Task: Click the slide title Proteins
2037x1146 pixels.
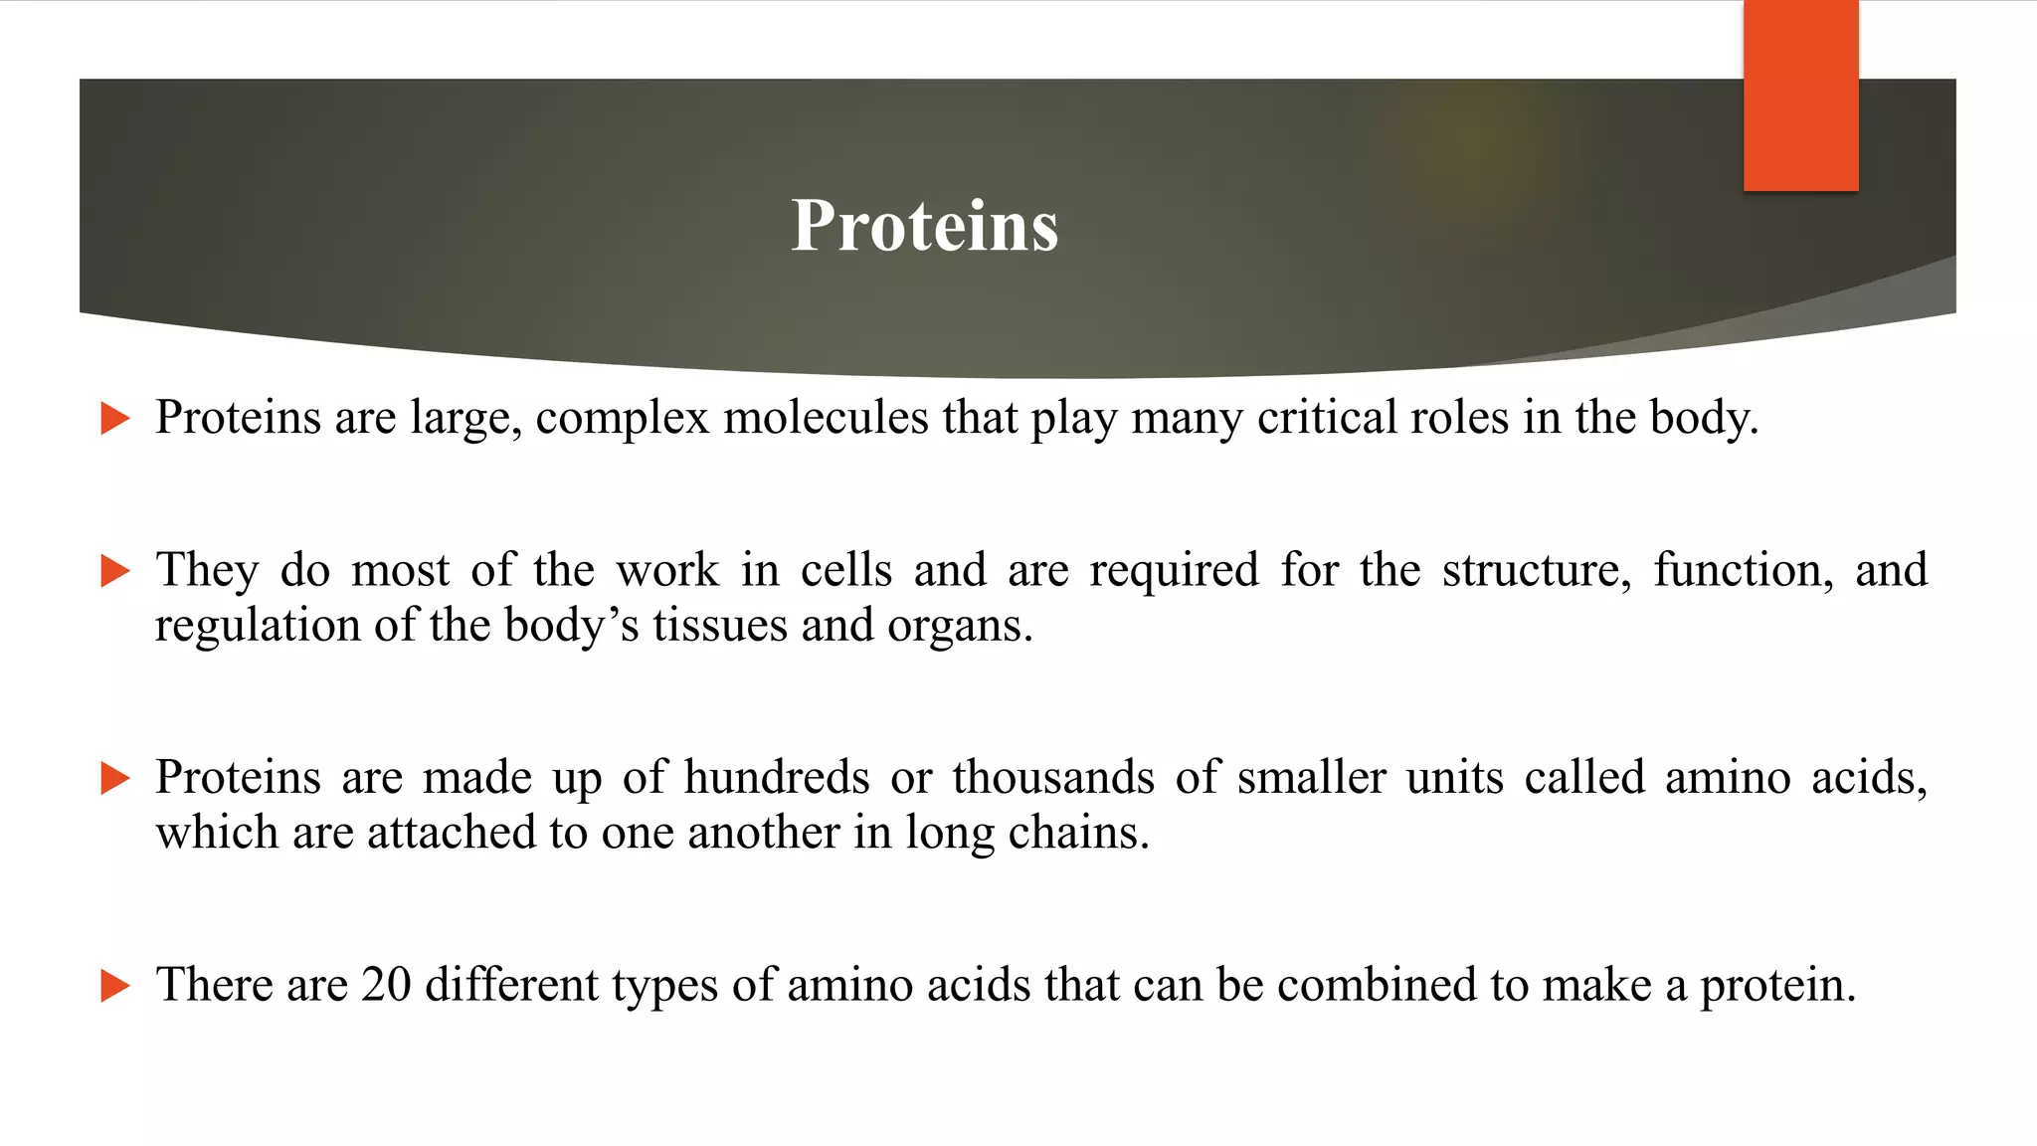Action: [924, 226]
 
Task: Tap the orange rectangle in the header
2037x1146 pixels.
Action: [1800, 95]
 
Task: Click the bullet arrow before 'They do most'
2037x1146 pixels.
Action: [115, 571]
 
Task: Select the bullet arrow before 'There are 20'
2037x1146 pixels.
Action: [115, 986]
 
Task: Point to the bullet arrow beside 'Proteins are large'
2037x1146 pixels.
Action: [115, 418]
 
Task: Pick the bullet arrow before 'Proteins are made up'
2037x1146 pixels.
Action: [115, 778]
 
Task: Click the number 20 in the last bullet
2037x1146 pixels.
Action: [386, 985]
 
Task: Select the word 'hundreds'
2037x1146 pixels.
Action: [776, 778]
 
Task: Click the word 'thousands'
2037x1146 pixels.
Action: [1053, 778]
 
